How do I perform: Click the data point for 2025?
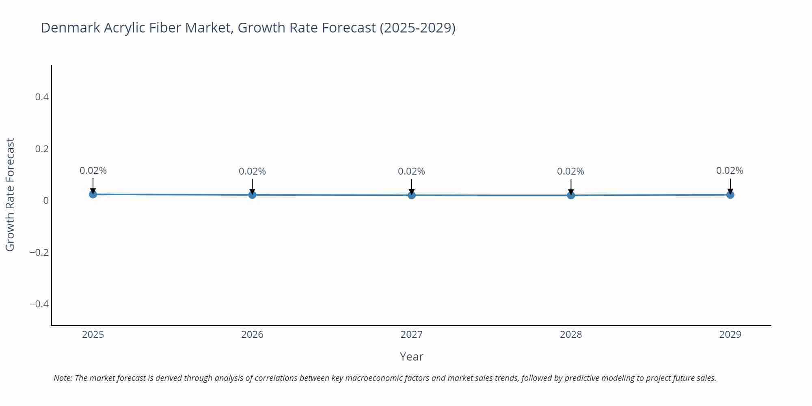(93, 194)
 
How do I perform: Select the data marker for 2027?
(412, 195)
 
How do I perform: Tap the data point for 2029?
(730, 195)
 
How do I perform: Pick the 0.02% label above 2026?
(252, 171)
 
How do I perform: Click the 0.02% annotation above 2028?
(570, 171)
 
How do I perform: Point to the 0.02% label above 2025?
(93, 171)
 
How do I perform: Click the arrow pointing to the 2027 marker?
(412, 187)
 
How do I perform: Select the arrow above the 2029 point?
(730, 186)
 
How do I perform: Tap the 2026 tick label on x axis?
(252, 335)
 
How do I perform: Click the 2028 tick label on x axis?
(570, 335)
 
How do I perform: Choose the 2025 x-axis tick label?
(93, 335)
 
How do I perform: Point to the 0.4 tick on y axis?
(42, 97)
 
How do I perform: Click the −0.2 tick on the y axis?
(39, 253)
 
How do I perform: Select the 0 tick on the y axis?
(46, 201)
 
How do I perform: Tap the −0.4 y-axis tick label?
(39, 304)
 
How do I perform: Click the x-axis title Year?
(411, 356)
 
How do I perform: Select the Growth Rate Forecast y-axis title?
(10, 194)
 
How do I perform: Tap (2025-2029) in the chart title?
(417, 28)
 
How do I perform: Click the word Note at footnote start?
(63, 378)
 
